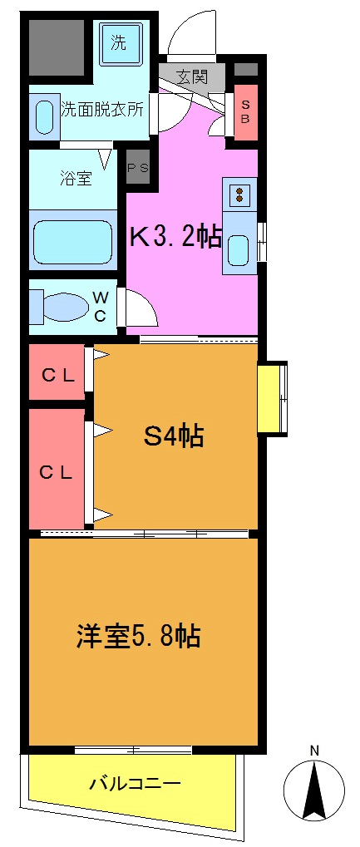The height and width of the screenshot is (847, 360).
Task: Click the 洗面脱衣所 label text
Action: pos(102,109)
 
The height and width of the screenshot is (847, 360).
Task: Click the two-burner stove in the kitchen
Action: pos(239,195)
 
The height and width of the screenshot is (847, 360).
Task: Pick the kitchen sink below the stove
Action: pos(239,249)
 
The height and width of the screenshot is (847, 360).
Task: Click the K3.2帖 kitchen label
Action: pos(175,239)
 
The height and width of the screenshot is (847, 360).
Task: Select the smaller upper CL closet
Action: pos(58,374)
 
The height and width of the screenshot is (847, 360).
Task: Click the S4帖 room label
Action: pos(175,436)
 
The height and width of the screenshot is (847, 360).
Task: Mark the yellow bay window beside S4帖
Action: pos(272,399)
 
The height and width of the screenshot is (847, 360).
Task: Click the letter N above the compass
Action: pos(314,751)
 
